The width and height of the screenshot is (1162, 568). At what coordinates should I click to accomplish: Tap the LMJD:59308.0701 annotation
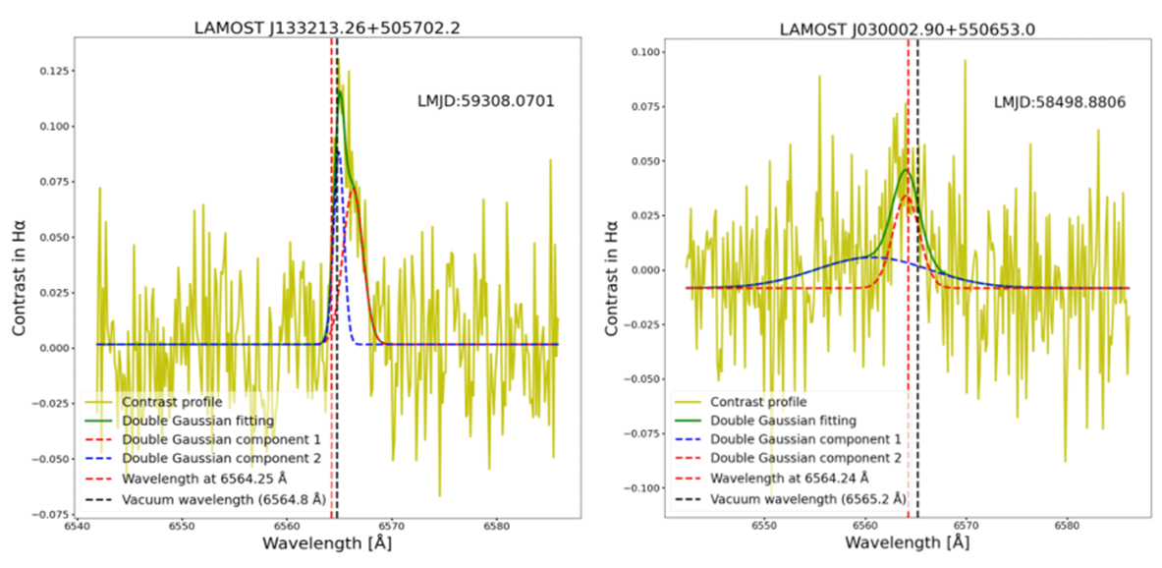point(486,99)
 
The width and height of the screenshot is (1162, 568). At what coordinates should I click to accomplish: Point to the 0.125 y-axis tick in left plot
point(55,71)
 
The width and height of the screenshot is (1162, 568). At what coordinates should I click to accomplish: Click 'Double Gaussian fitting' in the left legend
point(197,420)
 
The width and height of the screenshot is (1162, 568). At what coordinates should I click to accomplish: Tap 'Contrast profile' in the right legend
point(757,401)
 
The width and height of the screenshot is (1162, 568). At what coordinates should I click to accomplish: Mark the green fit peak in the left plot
point(341,91)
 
